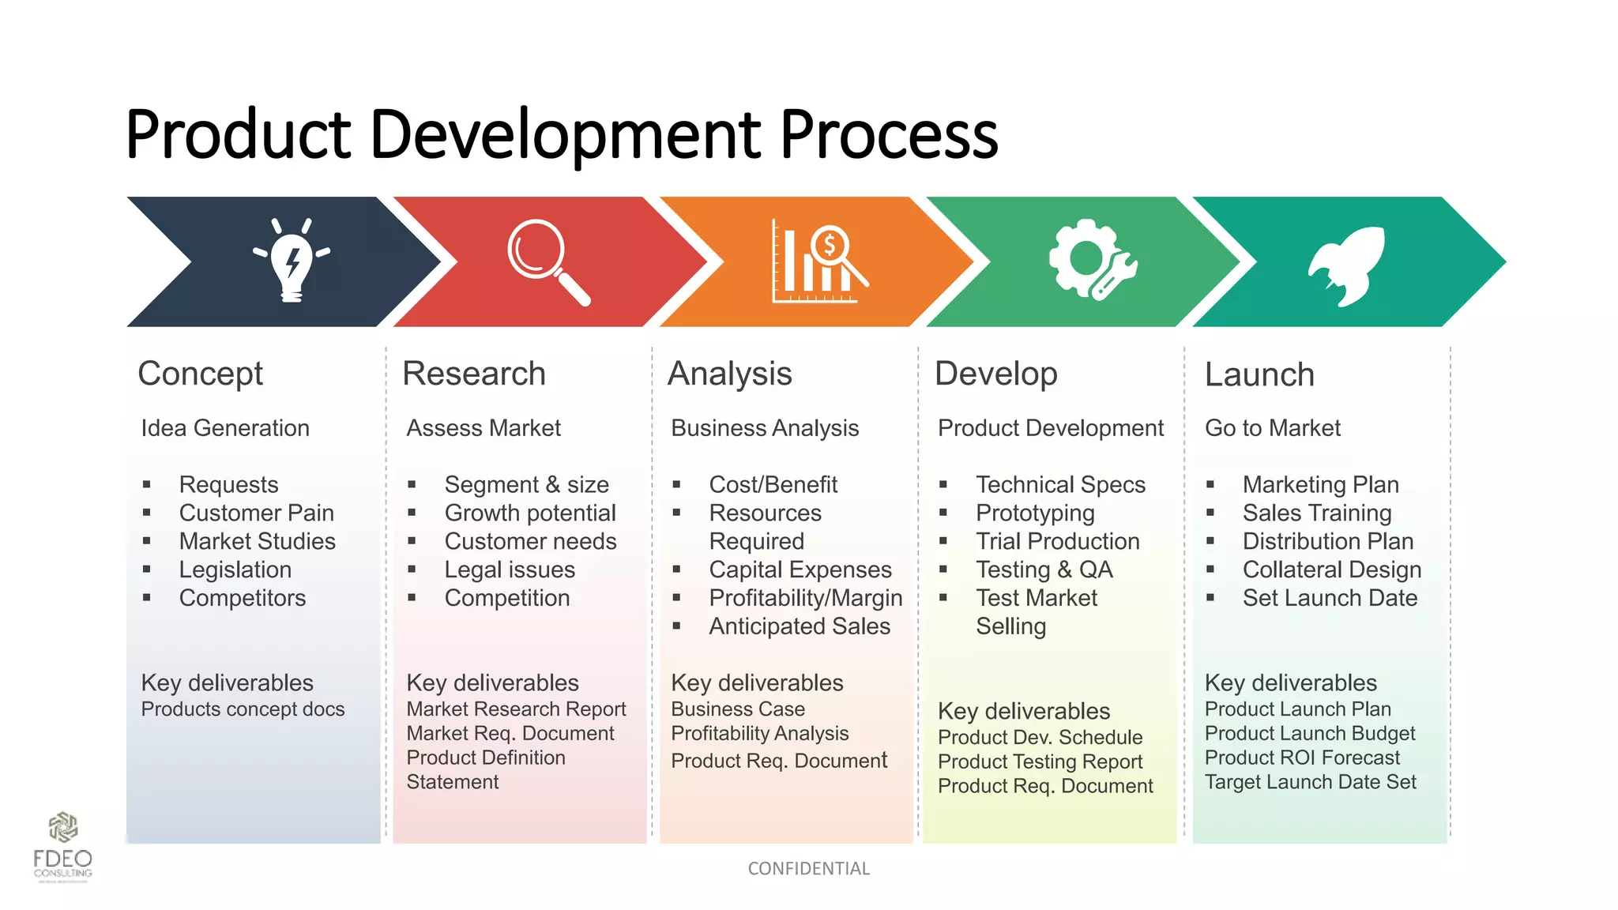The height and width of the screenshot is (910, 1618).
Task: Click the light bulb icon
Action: [x=292, y=261]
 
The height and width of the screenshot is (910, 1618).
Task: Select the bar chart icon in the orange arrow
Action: [x=818, y=262]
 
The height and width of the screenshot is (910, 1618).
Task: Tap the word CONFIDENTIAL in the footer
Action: [x=808, y=869]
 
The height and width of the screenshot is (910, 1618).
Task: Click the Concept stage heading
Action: [x=200, y=374]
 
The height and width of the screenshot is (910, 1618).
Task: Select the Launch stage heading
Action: [x=1259, y=374]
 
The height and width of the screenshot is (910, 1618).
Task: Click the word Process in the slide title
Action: [x=889, y=134]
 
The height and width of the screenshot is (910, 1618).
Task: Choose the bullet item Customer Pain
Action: [x=256, y=513]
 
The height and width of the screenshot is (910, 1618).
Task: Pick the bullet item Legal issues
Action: [x=510, y=570]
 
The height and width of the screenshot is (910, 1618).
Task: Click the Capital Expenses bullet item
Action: [x=800, y=570]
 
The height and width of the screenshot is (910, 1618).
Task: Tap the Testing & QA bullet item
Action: [x=1044, y=570]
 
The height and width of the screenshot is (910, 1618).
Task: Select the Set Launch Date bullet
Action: [x=1330, y=598]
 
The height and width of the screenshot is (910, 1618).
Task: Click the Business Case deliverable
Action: [x=738, y=709]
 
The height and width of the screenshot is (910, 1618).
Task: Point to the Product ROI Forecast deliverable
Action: [x=1302, y=758]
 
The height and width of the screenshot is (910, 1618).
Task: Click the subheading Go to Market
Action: [x=1272, y=428]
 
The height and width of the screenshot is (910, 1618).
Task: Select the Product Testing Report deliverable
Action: [x=1040, y=761]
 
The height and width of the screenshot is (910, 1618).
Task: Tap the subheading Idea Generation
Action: [x=225, y=428]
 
